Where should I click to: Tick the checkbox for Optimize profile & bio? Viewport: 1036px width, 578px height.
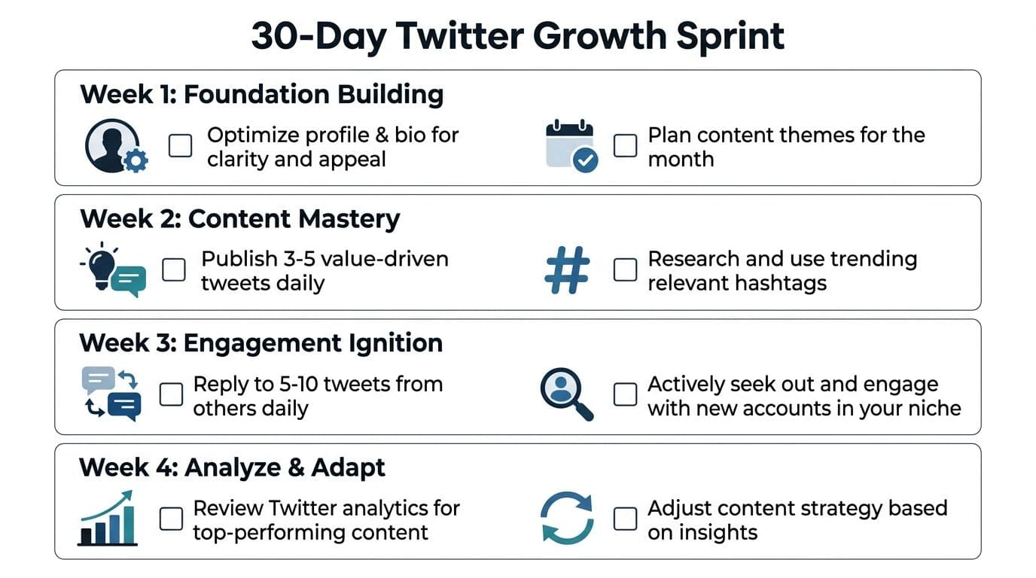pyautogui.click(x=181, y=146)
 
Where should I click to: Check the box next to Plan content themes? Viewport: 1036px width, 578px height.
pyautogui.click(x=626, y=146)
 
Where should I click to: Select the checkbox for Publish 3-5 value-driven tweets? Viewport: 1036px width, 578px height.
pyautogui.click(x=174, y=269)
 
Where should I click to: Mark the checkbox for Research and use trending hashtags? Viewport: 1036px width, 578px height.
pyautogui.click(x=626, y=269)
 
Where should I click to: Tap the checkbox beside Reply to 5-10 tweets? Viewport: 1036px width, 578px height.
pyautogui.click(x=171, y=394)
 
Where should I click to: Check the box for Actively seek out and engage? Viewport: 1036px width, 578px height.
pyautogui.click(x=626, y=394)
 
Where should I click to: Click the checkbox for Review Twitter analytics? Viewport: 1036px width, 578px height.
pyautogui.click(x=171, y=519)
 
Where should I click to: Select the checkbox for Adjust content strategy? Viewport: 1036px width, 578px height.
pyautogui.click(x=626, y=519)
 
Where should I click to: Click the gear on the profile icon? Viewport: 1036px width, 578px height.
pyautogui.click(x=136, y=161)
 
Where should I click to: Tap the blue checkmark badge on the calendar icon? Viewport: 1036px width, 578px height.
pyautogui.click(x=586, y=160)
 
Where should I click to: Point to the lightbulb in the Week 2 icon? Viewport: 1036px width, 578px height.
pyautogui.click(x=102, y=267)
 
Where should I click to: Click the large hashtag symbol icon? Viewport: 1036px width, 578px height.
pyautogui.click(x=568, y=270)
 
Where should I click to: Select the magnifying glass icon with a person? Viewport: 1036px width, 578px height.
pyautogui.click(x=566, y=394)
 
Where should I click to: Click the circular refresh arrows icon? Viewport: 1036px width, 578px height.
pyautogui.click(x=567, y=518)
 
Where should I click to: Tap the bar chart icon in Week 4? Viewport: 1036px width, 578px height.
pyautogui.click(x=108, y=519)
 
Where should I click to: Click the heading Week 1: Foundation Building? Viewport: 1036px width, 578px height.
pyautogui.click(x=262, y=94)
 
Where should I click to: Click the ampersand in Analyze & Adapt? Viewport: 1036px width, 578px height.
pyautogui.click(x=296, y=467)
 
